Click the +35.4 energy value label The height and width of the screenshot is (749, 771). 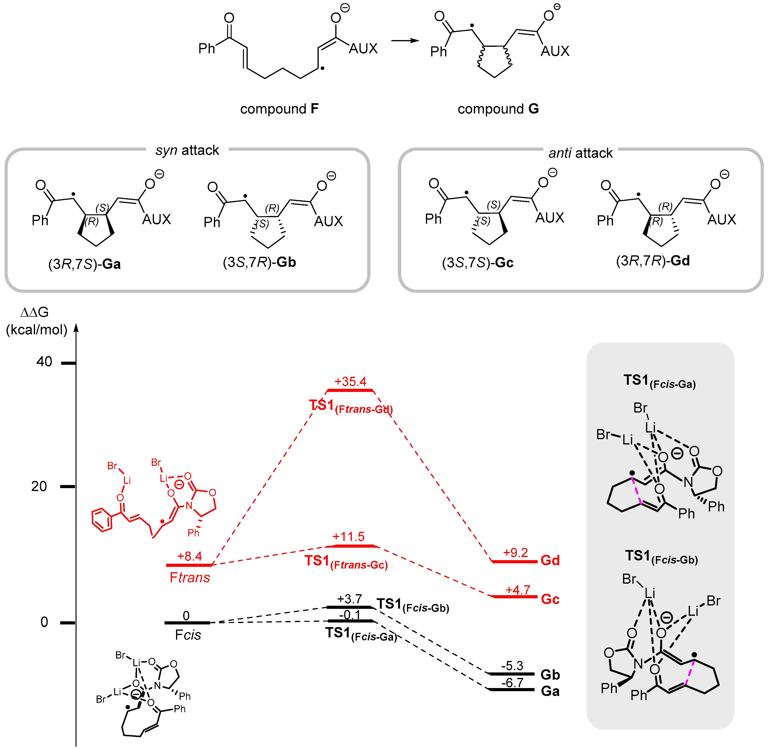coord(350,381)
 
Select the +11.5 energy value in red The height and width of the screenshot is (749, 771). coord(348,536)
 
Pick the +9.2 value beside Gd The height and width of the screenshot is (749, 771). coord(515,553)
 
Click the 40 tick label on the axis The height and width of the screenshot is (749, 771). coord(44,362)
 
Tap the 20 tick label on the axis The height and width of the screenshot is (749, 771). coord(39,486)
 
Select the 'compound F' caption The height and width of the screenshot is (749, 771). coord(279,109)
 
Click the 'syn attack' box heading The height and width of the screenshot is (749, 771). coord(187,150)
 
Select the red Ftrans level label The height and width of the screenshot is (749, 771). coord(190,577)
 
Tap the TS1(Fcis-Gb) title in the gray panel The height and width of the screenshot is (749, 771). coord(661,557)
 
